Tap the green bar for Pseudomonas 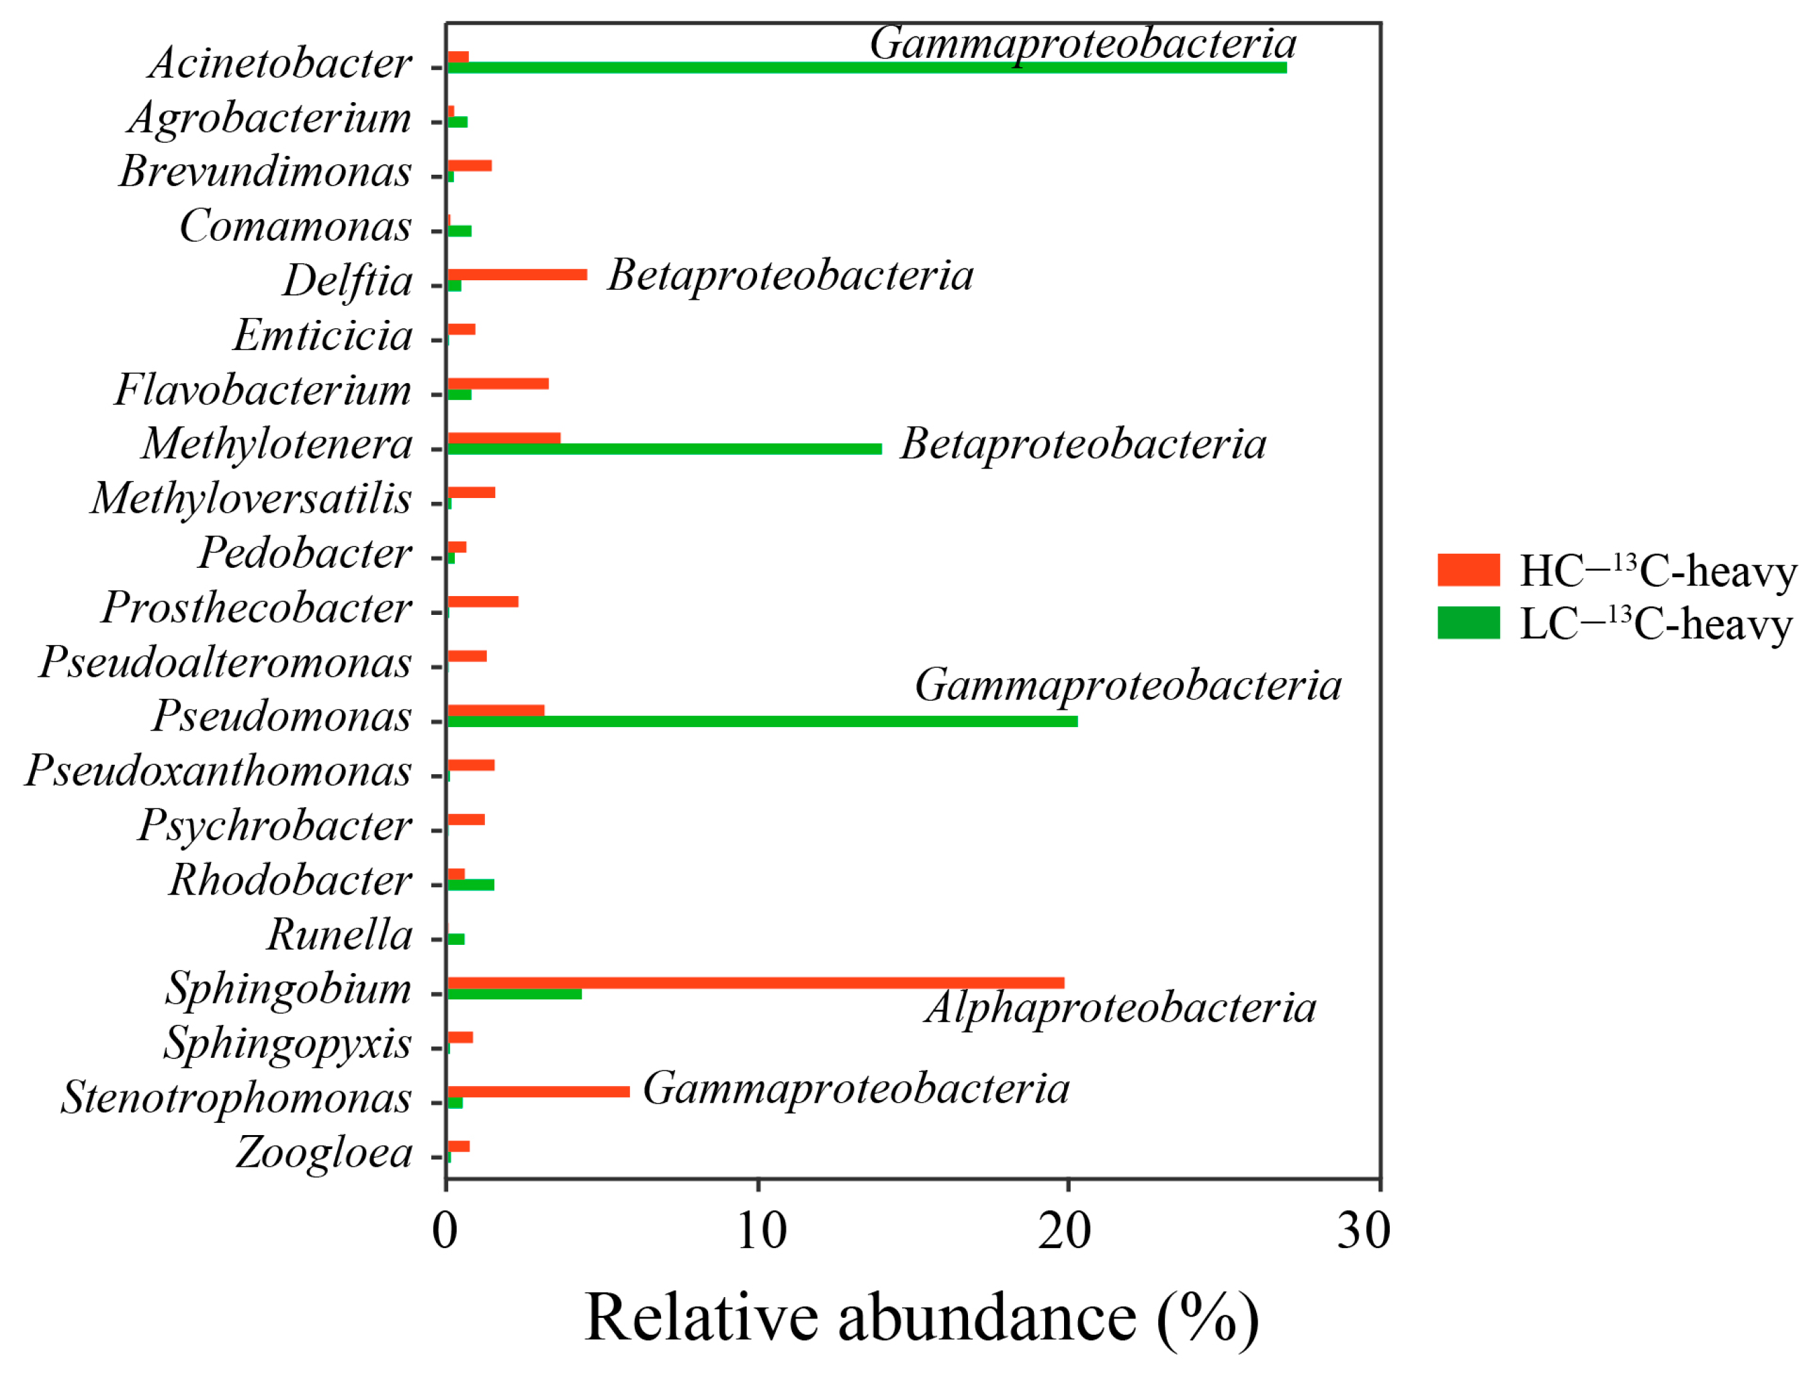click(x=762, y=722)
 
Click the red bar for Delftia click(x=517, y=275)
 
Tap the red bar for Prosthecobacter click(x=482, y=602)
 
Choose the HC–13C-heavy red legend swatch click(x=1468, y=571)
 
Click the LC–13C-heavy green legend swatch click(x=1468, y=623)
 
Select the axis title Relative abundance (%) click(x=922, y=1319)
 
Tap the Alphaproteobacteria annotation click(x=1120, y=1007)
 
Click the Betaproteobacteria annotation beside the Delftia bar click(x=790, y=275)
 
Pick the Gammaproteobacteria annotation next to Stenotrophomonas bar click(x=856, y=1089)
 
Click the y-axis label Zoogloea click(x=324, y=1153)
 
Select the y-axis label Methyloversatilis click(x=251, y=499)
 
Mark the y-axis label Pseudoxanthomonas click(x=218, y=771)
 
